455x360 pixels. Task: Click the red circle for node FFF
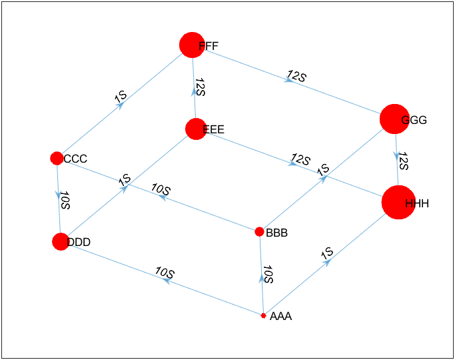[x=192, y=45]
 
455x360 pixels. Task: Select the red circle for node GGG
[x=394, y=119]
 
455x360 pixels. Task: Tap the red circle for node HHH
[x=398, y=203]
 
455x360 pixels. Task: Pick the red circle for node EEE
[x=195, y=129]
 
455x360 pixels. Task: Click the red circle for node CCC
[x=57, y=158]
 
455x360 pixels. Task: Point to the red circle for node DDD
[x=60, y=241]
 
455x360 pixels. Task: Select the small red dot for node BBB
[x=259, y=231]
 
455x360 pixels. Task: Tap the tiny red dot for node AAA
[x=264, y=315]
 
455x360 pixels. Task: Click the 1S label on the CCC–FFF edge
[x=121, y=97]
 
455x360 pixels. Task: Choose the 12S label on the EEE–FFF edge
[x=201, y=87]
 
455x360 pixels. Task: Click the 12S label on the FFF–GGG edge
[x=296, y=75]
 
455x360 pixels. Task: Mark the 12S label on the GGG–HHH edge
[x=403, y=162]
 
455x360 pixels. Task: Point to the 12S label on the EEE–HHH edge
[x=300, y=160]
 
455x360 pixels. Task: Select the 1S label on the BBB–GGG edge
[x=324, y=170]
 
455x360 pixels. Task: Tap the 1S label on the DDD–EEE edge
[x=125, y=180]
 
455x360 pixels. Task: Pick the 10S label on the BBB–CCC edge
[x=161, y=189]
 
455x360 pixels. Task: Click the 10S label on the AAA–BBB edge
[x=268, y=274]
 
